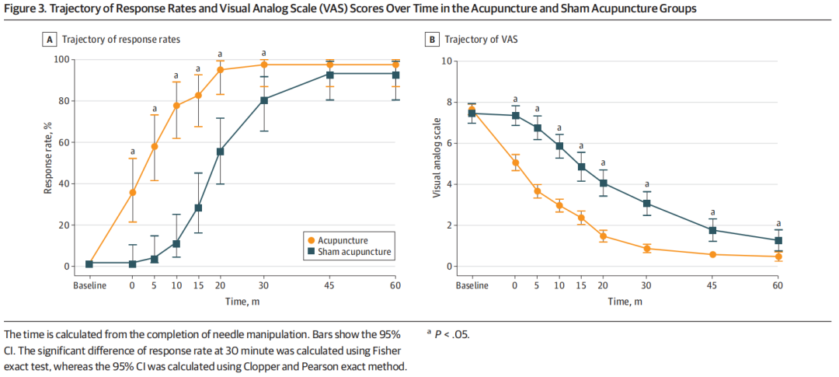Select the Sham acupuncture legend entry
tap(350, 253)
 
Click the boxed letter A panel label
tap(50, 40)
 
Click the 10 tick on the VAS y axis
tap(447, 61)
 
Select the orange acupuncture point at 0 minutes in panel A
tap(132, 192)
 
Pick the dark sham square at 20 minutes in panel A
tap(220, 152)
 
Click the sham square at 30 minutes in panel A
tap(264, 100)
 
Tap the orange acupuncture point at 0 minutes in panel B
tap(515, 162)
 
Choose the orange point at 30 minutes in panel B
tap(646, 249)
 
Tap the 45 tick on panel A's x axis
tap(330, 285)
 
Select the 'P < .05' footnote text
tap(452, 334)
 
